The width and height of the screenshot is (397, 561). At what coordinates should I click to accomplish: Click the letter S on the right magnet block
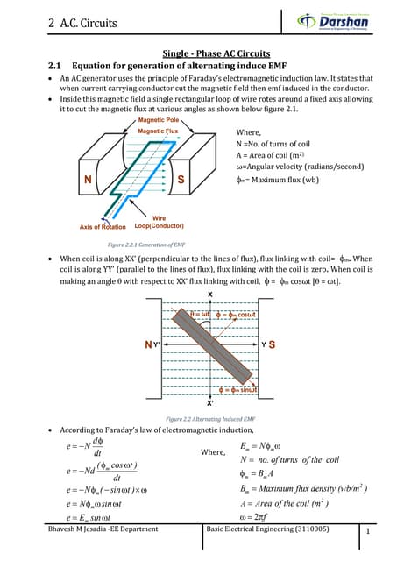tap(182, 179)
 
